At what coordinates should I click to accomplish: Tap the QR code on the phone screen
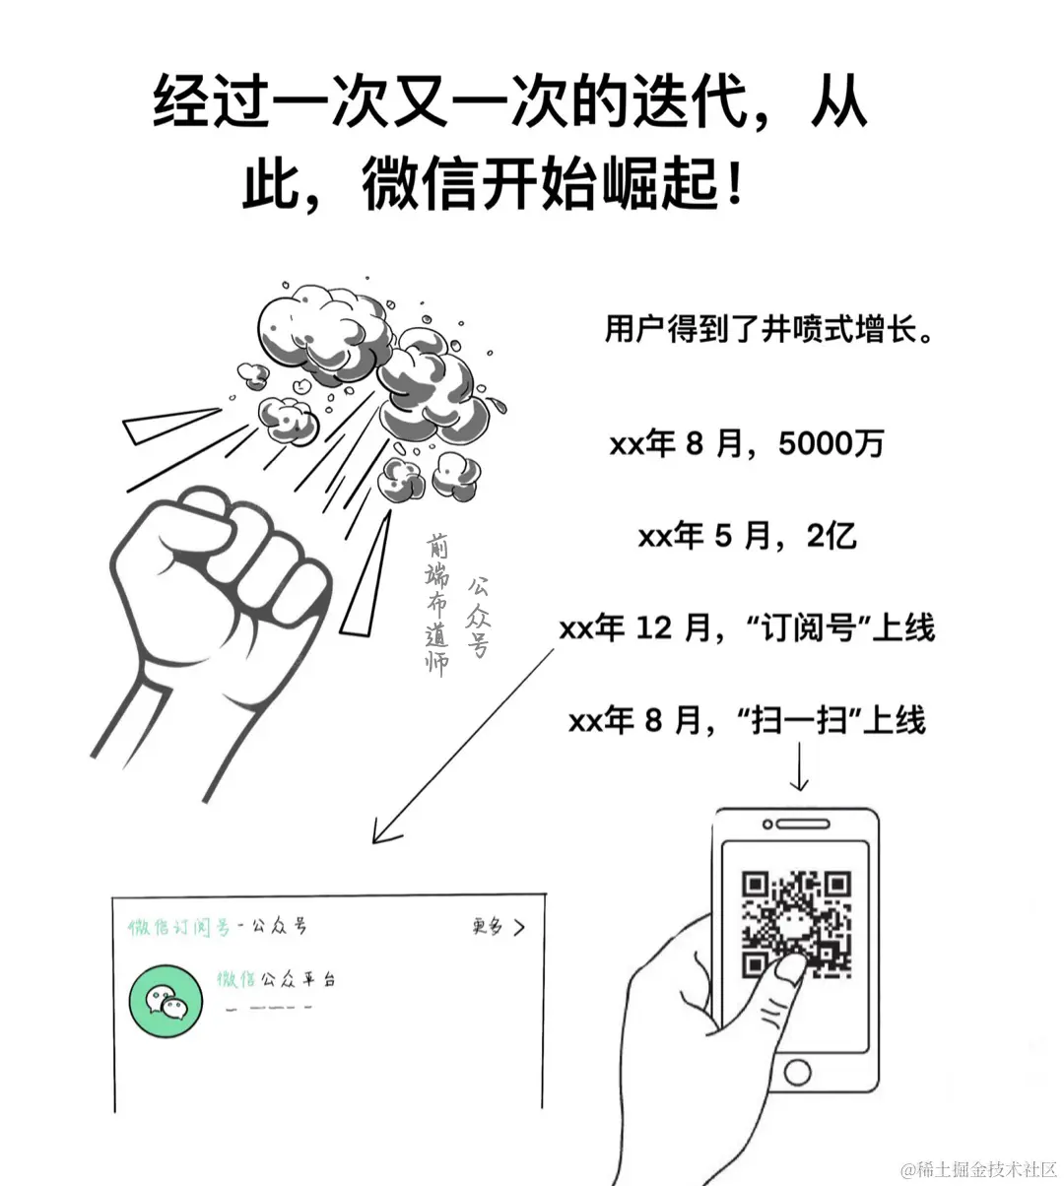click(x=796, y=924)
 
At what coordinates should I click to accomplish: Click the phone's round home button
click(x=797, y=1073)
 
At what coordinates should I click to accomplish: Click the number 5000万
click(x=831, y=443)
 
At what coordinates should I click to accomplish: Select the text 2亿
click(x=831, y=536)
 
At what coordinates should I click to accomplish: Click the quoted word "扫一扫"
click(x=800, y=721)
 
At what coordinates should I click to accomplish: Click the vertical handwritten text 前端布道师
click(x=436, y=604)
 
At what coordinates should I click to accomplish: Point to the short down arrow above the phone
click(x=799, y=766)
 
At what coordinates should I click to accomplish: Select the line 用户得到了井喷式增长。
click(x=768, y=329)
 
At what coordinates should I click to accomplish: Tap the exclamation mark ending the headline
click(x=734, y=184)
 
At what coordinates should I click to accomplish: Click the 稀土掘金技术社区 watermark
click(x=980, y=1169)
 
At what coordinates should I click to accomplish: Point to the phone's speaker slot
click(x=803, y=824)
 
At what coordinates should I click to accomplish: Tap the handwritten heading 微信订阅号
click(x=179, y=927)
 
